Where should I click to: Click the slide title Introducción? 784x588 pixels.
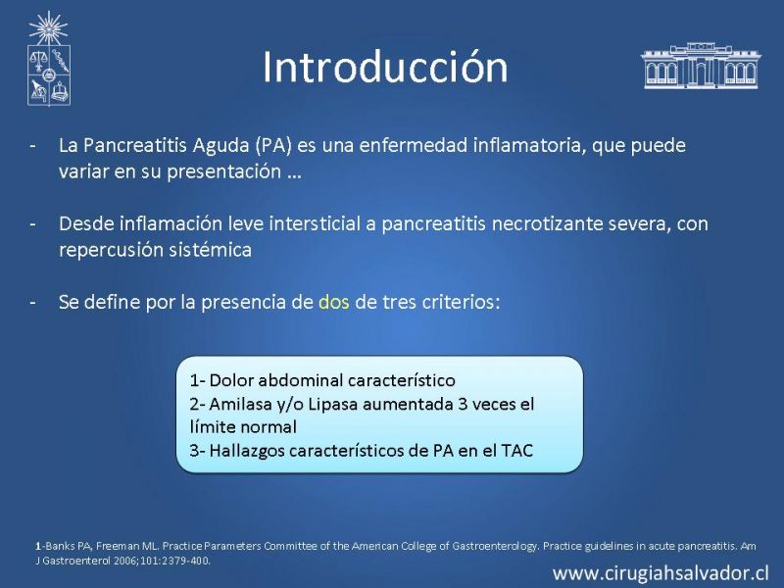(385, 67)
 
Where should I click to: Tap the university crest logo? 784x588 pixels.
(48, 59)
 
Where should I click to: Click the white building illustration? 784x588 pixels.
(701, 66)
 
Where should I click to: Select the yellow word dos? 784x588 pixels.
(334, 302)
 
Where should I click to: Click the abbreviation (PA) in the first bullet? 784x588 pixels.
(273, 145)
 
